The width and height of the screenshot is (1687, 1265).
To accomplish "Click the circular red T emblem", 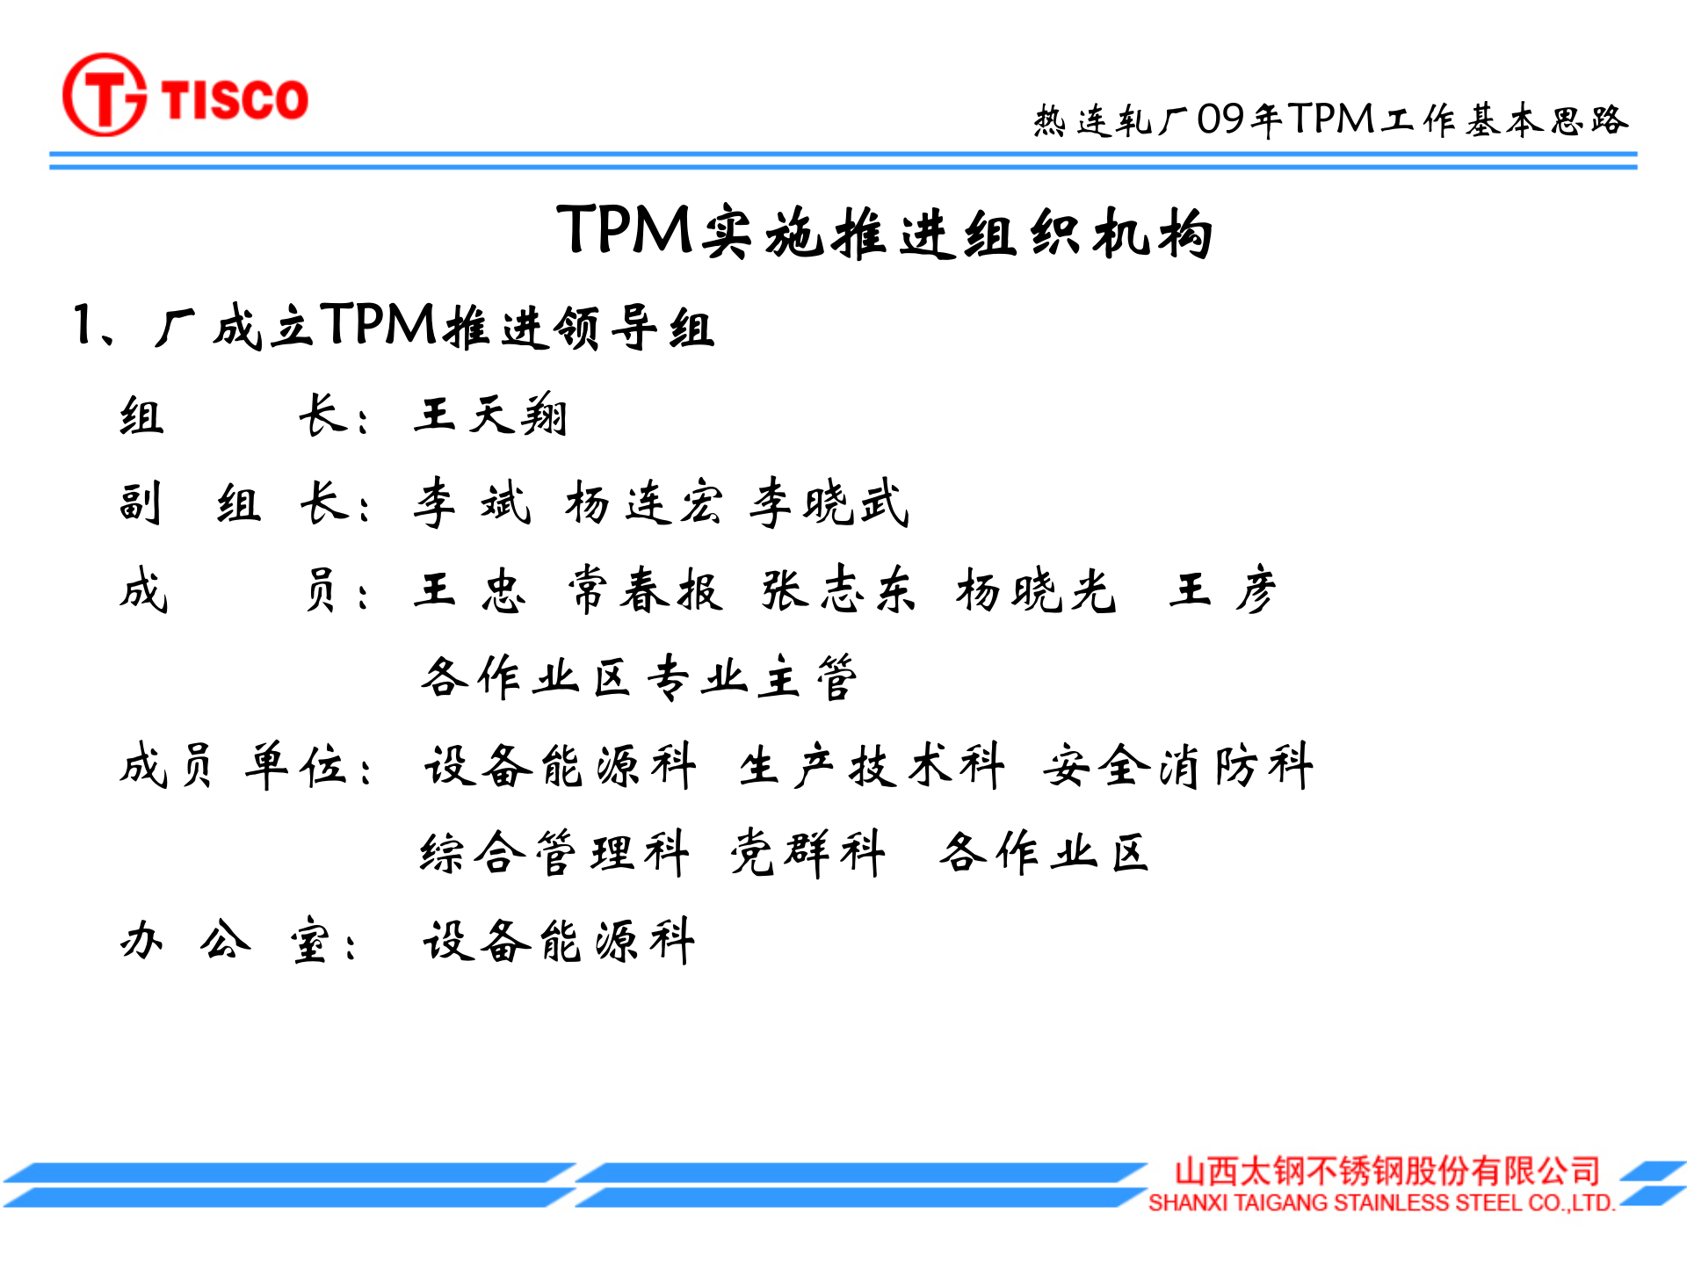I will tap(105, 95).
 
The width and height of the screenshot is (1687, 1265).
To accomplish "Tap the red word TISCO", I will tap(235, 98).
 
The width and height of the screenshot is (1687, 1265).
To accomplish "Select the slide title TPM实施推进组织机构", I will tap(884, 232).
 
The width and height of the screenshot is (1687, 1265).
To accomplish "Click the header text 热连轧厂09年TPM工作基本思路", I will tap(1330, 119).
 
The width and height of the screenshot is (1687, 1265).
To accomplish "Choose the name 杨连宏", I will tap(644, 503).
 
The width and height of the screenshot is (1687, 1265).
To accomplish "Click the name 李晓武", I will tap(829, 503).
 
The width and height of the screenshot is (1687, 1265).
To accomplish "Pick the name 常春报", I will tap(646, 589).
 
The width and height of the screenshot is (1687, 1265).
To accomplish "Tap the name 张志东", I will tap(838, 589).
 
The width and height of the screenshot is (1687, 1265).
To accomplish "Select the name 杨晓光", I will tap(1036, 589).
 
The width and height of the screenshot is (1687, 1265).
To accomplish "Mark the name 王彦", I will tap(1222, 589).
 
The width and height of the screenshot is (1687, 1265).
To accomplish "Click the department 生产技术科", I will tap(871, 765).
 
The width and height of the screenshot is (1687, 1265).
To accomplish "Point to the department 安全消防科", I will tap(1177, 765).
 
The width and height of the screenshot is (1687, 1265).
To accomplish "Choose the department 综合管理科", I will tap(554, 852).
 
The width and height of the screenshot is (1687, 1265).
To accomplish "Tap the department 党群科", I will tap(807, 852).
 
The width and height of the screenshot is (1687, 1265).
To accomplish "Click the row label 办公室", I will tap(237, 942).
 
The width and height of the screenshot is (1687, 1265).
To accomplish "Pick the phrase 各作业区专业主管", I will tap(639, 677).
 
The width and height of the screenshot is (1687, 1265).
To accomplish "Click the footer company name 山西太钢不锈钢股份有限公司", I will tap(1387, 1171).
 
